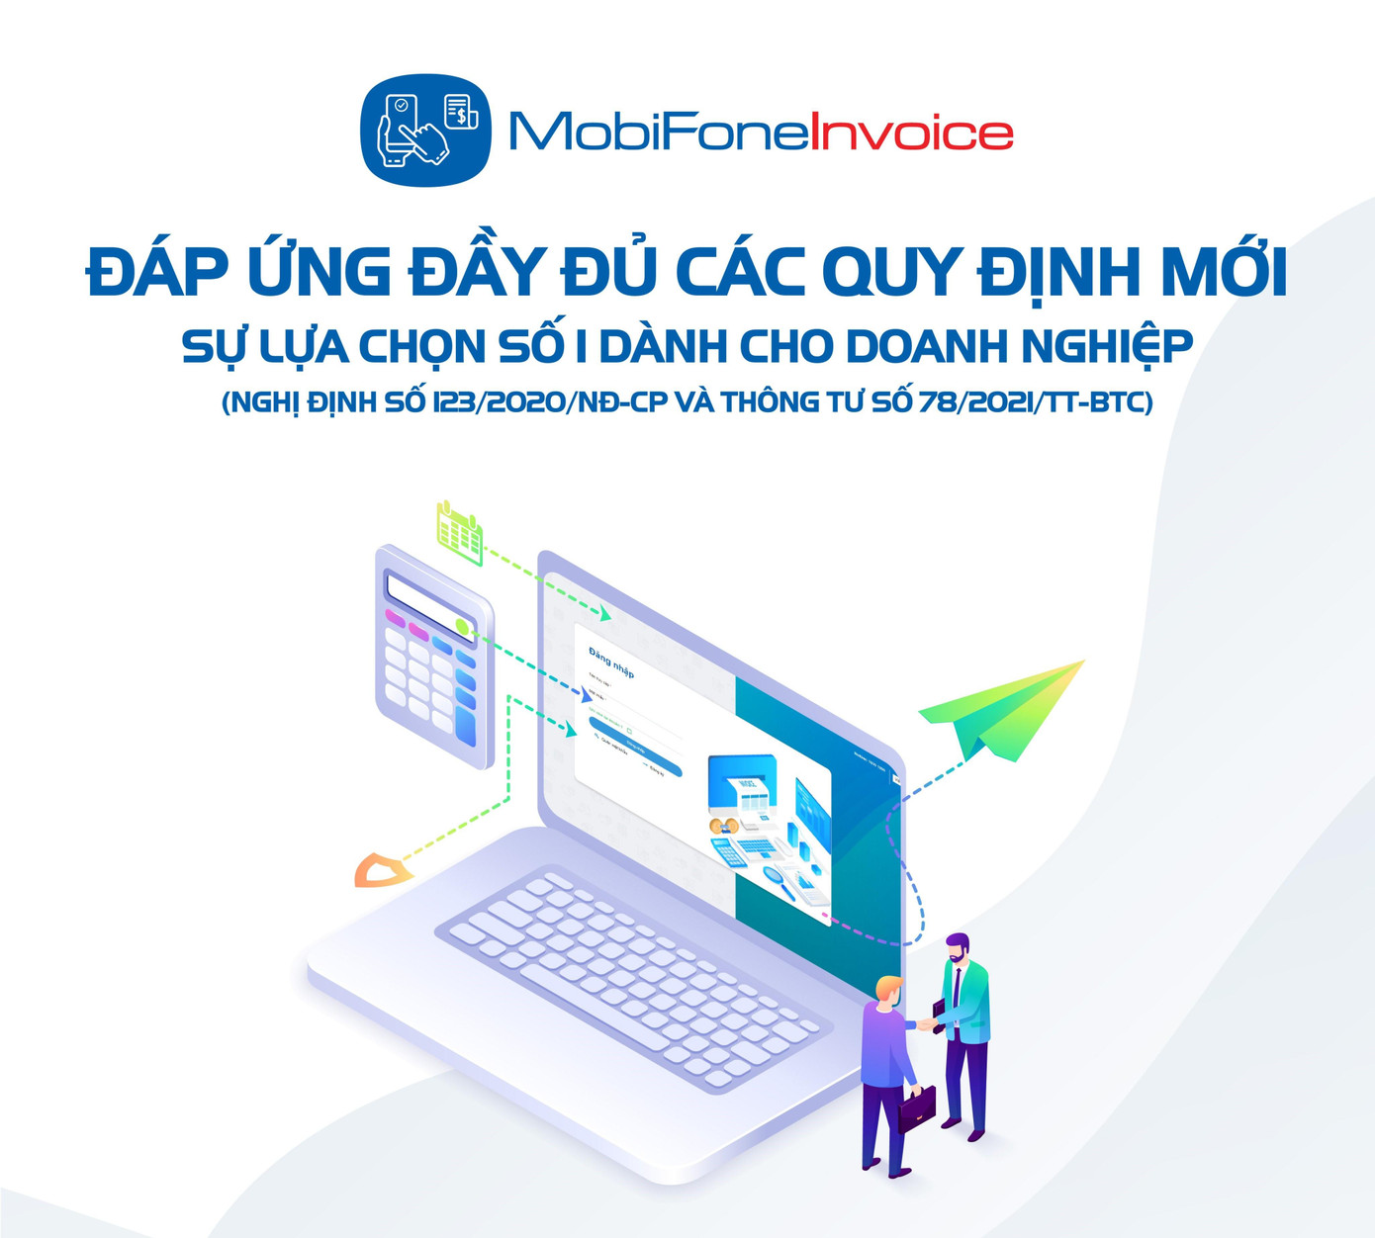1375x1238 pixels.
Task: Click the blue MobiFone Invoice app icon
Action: (425, 132)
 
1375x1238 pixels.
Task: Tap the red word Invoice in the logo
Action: (911, 133)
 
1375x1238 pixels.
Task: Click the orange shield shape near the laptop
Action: (382, 870)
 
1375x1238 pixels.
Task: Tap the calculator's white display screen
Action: (428, 602)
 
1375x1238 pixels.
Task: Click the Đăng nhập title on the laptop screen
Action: (610, 662)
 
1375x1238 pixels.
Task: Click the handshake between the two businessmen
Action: (927, 1023)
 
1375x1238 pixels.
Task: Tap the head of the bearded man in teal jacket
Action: (957, 950)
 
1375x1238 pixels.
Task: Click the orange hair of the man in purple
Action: (889, 986)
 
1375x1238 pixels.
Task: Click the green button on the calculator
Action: (462, 626)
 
